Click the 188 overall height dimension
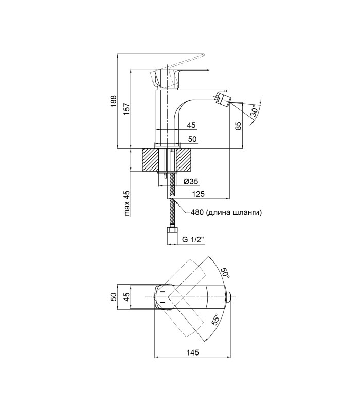tap(113, 101)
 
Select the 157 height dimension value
tap(126, 108)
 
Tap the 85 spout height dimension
tap(238, 126)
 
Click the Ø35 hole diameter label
tap(191, 181)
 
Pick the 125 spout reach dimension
tap(198, 194)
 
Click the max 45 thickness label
tap(127, 203)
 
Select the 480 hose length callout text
tap(226, 212)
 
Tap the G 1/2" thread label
tap(193, 239)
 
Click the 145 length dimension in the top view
tap(193, 352)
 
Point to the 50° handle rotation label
tap(225, 273)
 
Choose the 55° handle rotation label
tap(215, 319)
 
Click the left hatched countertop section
tap(150, 160)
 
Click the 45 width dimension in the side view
tap(191, 125)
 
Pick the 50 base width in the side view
tap(192, 139)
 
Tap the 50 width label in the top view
tap(113, 297)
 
